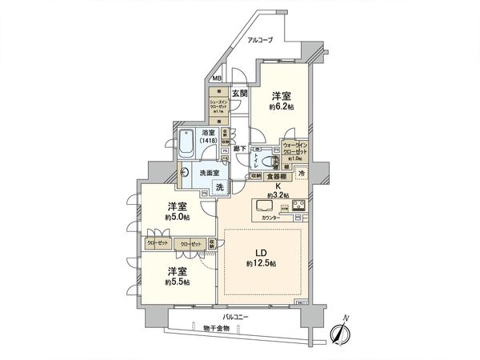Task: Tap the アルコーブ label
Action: tap(261, 39)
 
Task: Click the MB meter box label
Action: tap(217, 78)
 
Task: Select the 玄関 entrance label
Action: tap(242, 94)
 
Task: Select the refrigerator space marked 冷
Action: tap(302, 174)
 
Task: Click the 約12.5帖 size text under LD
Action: tap(262, 263)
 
